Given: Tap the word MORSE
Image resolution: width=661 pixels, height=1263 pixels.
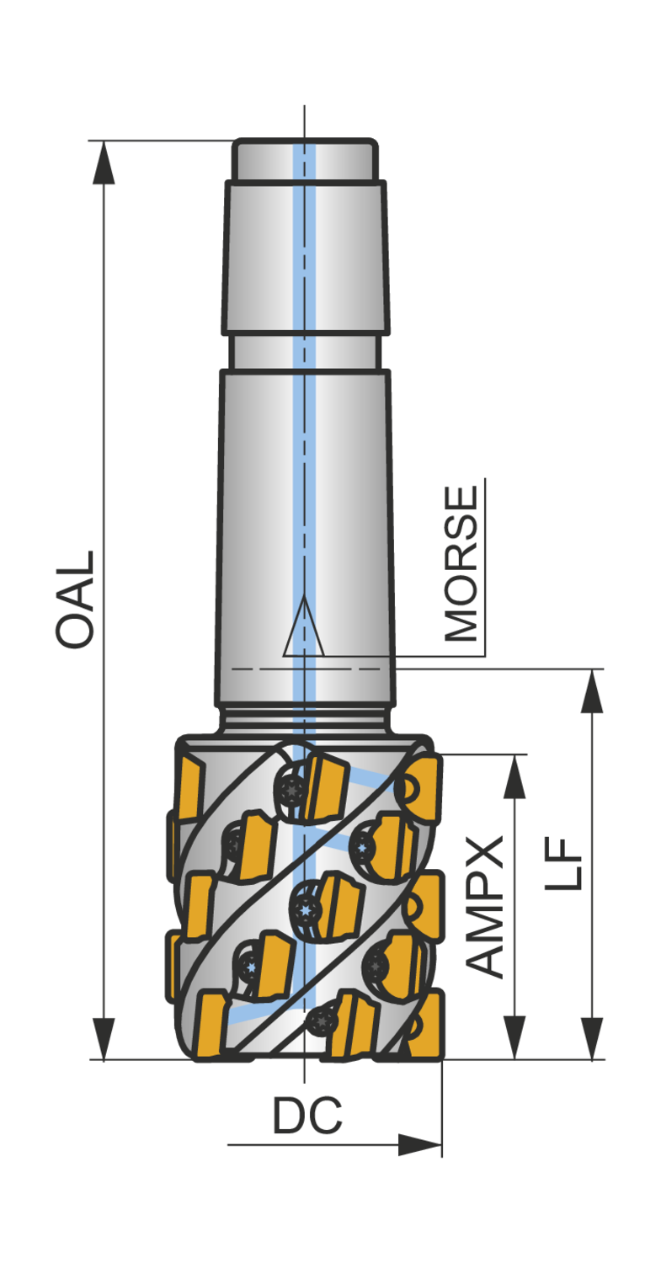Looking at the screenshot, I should click(x=461, y=563).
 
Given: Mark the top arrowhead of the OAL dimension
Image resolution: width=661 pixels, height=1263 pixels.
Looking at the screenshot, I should click(x=104, y=162).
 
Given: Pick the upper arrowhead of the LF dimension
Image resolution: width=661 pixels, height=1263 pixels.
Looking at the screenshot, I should click(x=592, y=691).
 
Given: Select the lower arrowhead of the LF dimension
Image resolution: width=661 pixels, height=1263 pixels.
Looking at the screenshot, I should click(x=592, y=1038).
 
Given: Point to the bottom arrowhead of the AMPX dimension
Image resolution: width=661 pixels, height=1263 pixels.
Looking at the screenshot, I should click(x=514, y=1038).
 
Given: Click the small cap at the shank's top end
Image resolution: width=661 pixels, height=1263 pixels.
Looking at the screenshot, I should click(x=304, y=160).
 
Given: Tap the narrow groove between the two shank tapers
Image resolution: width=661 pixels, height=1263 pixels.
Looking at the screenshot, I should click(x=305, y=352).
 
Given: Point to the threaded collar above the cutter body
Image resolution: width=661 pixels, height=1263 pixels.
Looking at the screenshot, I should click(x=305, y=720).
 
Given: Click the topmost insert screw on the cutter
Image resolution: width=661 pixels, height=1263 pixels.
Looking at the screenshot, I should click(x=291, y=790).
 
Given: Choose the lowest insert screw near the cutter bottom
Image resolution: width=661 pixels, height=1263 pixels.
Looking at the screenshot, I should click(x=321, y=1022).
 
